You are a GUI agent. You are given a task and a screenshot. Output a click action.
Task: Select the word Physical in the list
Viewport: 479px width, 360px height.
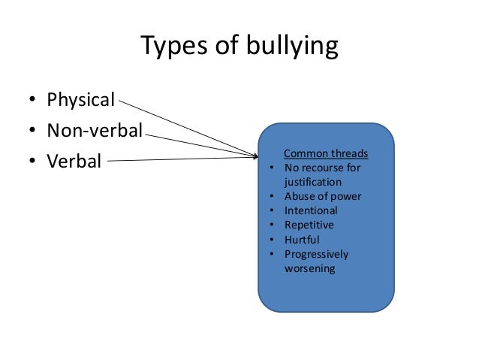tap(80, 100)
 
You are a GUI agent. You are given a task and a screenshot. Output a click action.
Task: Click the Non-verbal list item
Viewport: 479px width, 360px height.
tap(95, 131)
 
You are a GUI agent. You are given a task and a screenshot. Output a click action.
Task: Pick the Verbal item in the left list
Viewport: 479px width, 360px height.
tap(74, 161)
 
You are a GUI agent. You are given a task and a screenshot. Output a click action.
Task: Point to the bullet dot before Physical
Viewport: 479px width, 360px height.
tap(33, 101)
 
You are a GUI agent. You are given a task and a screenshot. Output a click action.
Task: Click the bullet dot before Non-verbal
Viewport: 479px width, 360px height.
tap(33, 132)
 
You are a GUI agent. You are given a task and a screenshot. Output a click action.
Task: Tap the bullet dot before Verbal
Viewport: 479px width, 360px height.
tap(33, 162)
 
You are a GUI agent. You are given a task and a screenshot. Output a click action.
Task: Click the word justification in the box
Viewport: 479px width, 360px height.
tap(313, 182)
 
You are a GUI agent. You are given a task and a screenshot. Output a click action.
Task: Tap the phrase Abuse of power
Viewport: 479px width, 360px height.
tap(323, 196)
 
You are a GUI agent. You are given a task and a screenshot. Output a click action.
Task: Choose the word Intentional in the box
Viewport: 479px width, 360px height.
tap(311, 210)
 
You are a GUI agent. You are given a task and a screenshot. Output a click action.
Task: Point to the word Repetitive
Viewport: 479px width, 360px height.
tap(309, 225)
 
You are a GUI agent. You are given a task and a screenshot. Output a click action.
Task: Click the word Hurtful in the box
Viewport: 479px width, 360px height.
tap(302, 239)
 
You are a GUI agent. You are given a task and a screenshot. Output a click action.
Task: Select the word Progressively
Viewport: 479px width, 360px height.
tap(317, 254)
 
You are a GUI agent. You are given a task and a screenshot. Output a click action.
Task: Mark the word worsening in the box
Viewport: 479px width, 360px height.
tap(309, 268)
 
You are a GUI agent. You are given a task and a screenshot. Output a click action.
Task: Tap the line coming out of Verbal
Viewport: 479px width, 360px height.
tap(180, 159)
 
